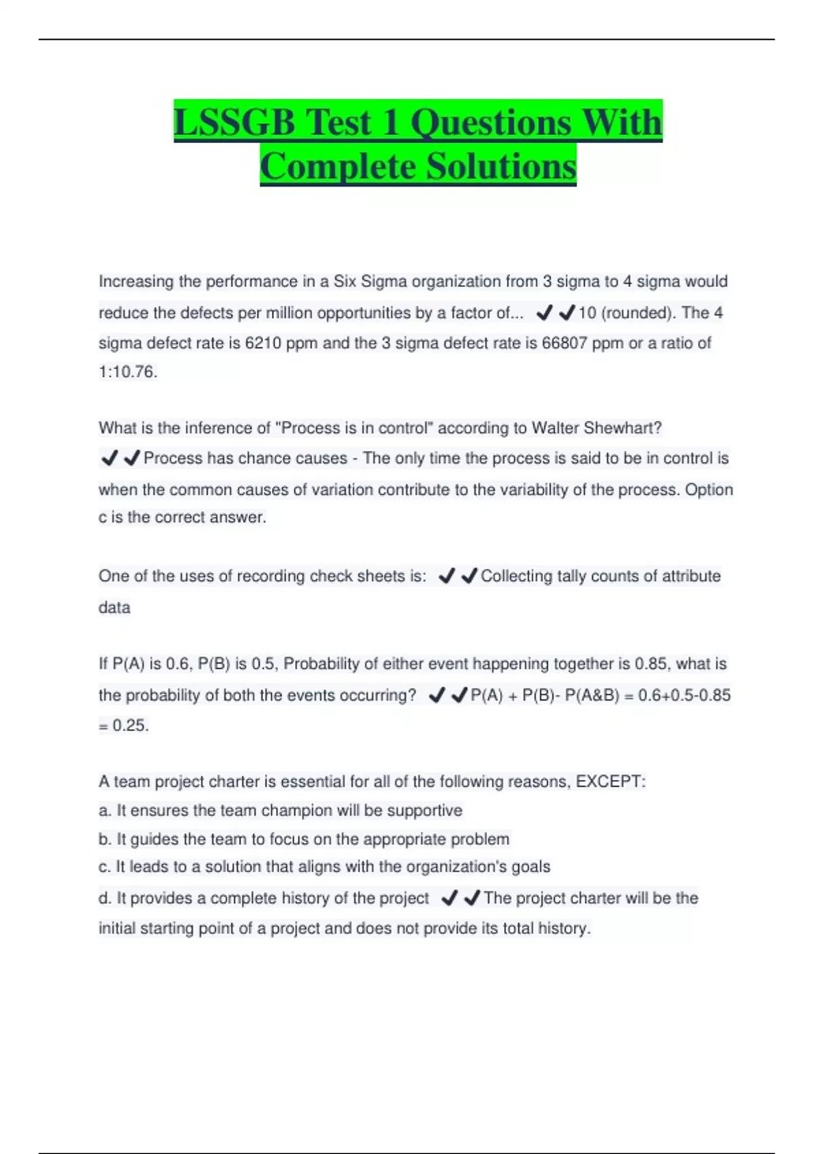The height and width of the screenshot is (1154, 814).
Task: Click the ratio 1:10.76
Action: (128, 372)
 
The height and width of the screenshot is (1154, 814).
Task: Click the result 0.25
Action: (130, 726)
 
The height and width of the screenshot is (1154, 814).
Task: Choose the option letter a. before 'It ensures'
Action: (104, 811)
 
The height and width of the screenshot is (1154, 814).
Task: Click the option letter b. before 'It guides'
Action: (104, 840)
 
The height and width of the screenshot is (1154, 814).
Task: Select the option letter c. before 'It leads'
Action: (104, 867)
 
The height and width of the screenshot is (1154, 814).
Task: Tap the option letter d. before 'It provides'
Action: (104, 899)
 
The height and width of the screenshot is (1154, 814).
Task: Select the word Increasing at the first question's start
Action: (136, 282)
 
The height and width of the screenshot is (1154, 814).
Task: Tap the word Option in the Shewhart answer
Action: (709, 490)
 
